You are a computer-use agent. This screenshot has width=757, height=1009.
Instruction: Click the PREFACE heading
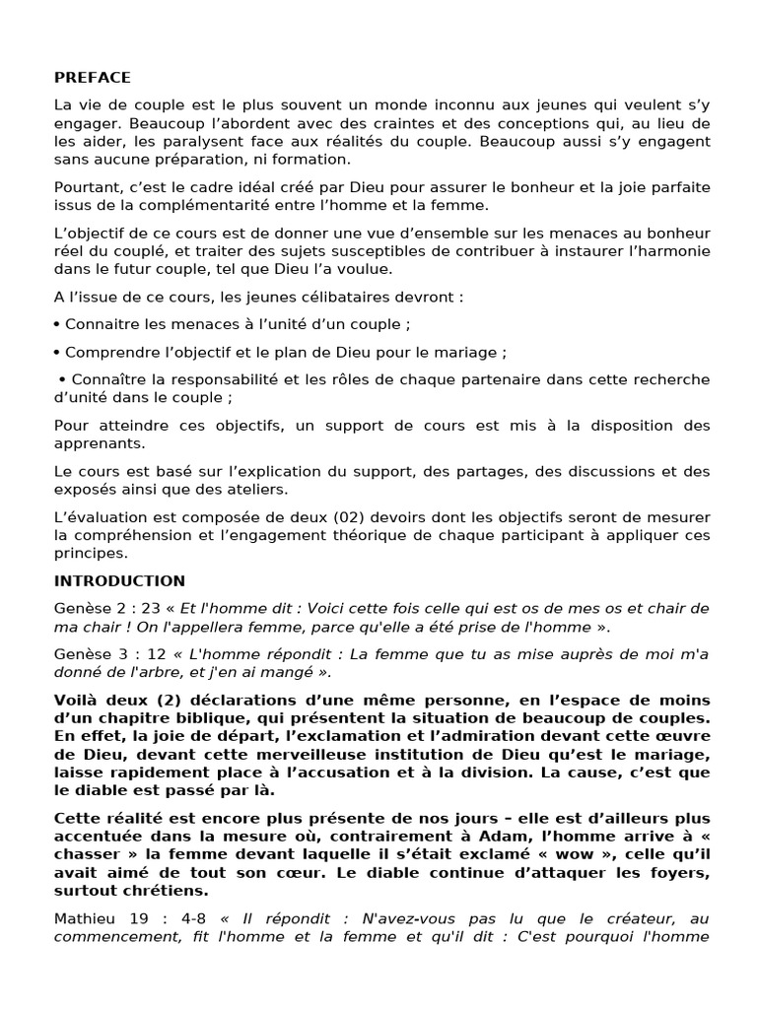(x=92, y=78)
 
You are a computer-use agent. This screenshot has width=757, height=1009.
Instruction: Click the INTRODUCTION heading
(x=119, y=580)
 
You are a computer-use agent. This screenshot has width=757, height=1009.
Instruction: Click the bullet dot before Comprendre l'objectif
(x=58, y=352)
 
